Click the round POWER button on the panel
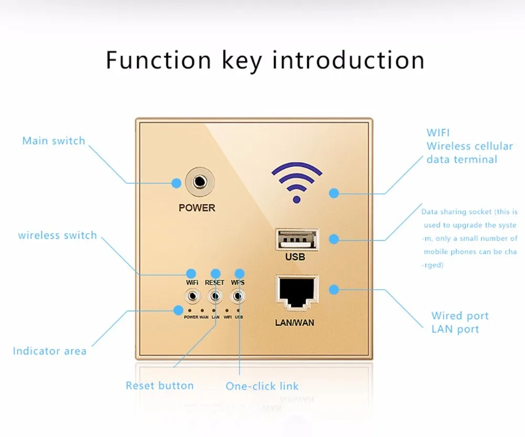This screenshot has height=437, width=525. tap(199, 182)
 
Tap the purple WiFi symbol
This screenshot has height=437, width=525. tap(297, 182)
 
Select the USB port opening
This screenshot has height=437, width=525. tap(297, 239)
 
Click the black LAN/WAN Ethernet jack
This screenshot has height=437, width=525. tap(297, 292)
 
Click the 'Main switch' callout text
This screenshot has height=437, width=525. tap(54, 141)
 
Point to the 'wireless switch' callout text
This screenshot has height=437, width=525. tap(57, 235)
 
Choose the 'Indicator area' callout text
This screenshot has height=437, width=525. tap(49, 351)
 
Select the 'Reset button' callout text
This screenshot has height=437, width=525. tap(160, 386)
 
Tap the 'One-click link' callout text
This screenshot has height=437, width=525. tap(262, 386)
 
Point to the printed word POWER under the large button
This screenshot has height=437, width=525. tap(197, 208)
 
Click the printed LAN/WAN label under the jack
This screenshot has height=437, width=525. tap(295, 323)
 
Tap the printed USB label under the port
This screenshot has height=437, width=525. tap(295, 257)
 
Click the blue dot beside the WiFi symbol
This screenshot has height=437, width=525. tap(334, 193)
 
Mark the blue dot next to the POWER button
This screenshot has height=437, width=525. tap(176, 183)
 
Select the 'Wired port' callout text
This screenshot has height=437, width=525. tap(460, 316)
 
